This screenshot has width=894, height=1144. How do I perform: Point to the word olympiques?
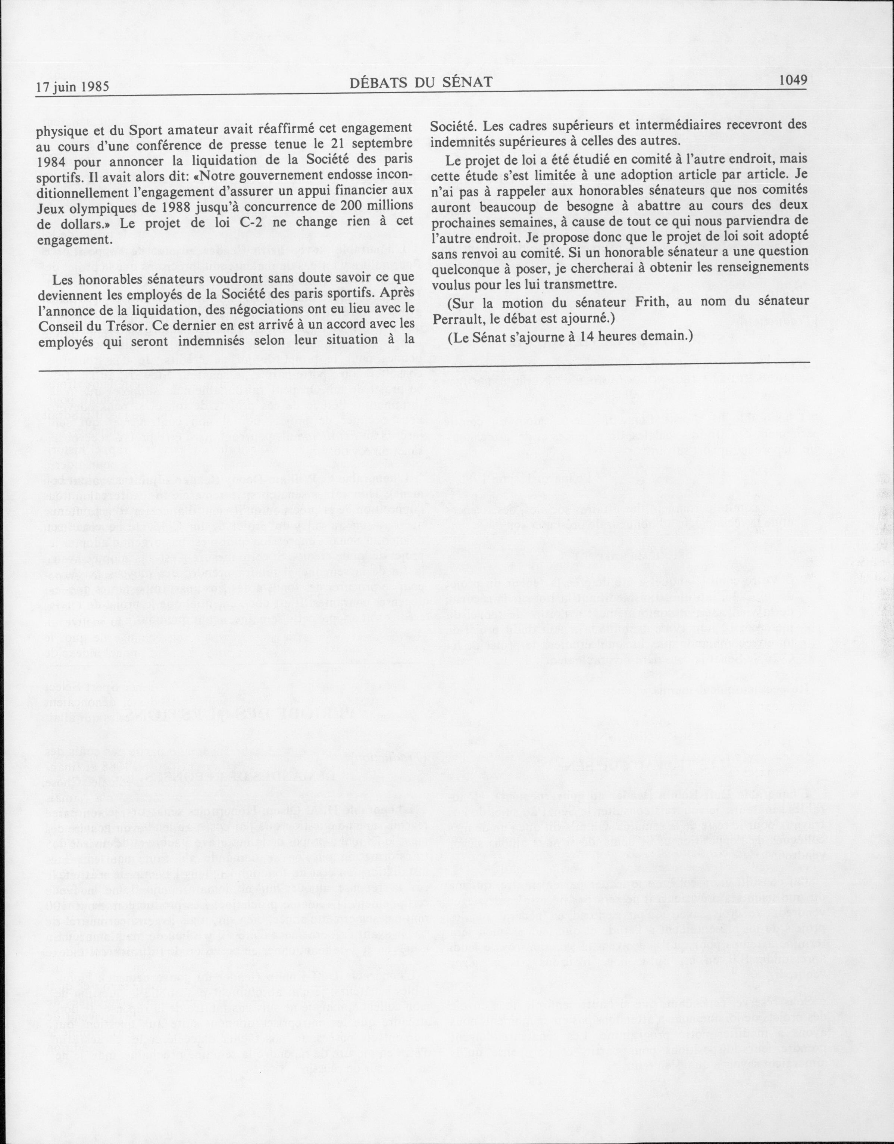[x=104, y=207]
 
